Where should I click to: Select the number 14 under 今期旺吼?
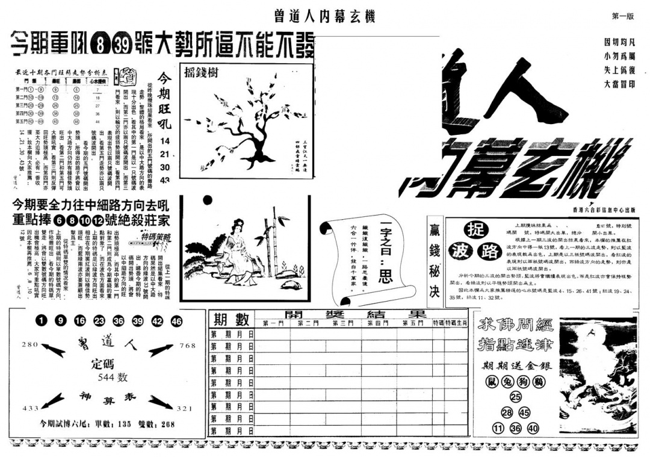(165, 140)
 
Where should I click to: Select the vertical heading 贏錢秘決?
(434, 262)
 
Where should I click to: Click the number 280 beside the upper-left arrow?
(29, 344)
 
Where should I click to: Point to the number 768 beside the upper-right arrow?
(188, 345)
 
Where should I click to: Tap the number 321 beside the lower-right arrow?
(185, 408)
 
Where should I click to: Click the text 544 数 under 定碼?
(108, 378)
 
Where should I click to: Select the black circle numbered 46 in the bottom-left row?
(176, 322)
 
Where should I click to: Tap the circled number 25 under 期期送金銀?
(515, 397)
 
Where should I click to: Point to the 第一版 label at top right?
(622, 16)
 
